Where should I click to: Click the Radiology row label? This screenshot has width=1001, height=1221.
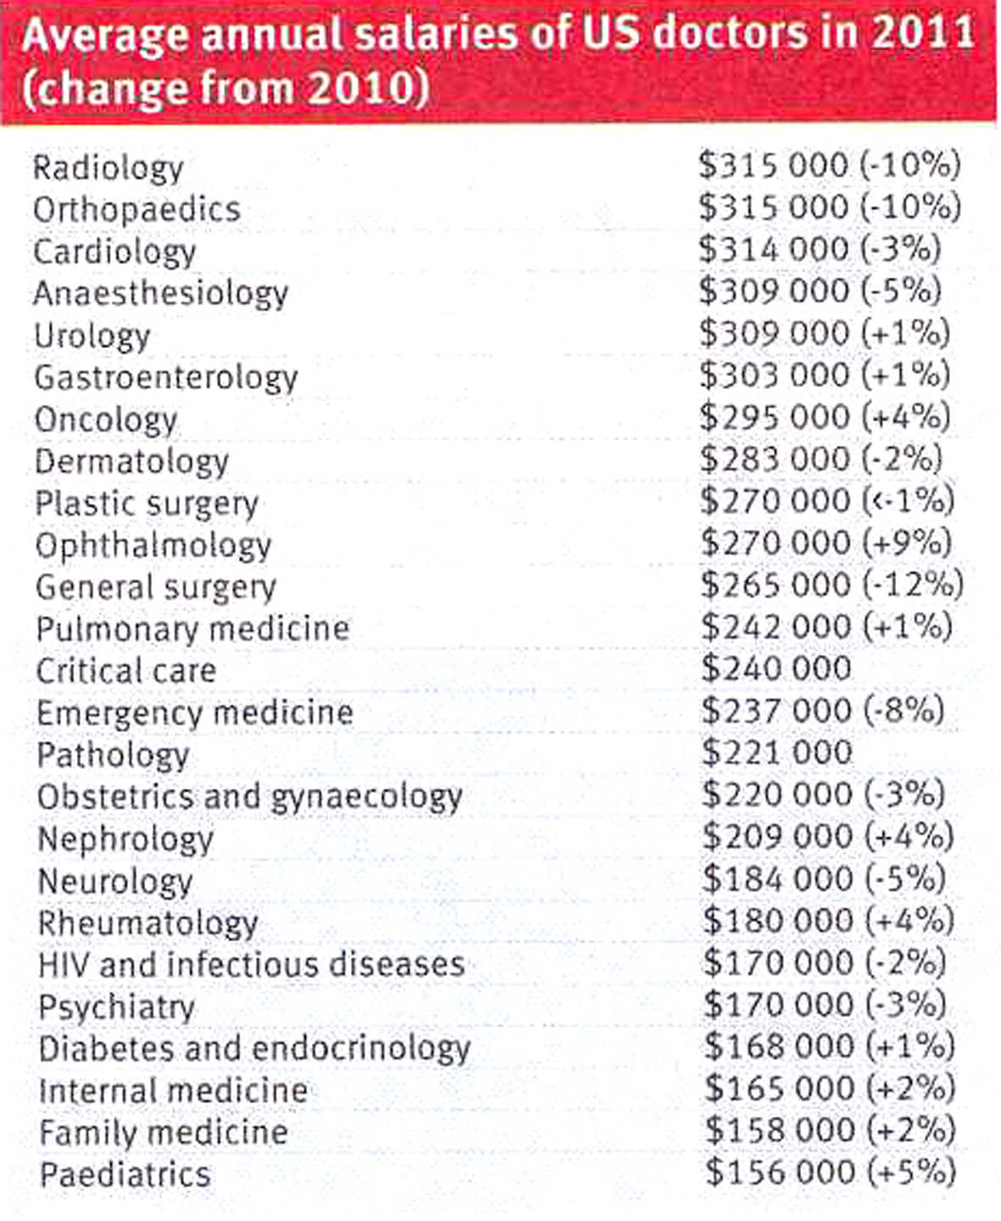(108, 168)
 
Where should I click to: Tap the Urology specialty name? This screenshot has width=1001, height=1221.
(92, 336)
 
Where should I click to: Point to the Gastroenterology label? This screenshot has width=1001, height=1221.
(166, 378)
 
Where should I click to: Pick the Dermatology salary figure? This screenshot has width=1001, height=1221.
(820, 458)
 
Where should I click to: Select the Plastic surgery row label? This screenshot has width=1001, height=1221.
(147, 503)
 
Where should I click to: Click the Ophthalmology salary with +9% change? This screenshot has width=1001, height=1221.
(826, 542)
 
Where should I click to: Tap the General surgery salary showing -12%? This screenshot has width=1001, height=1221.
(831, 585)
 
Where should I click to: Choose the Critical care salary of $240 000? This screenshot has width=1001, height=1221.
(776, 669)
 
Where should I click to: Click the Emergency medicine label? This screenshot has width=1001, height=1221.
(195, 713)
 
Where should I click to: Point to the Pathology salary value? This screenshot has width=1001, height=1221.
(777, 752)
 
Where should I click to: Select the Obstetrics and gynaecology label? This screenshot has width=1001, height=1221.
(250, 796)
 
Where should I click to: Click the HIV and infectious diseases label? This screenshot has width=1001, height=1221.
(252, 964)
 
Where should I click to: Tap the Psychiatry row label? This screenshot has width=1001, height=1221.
(117, 1007)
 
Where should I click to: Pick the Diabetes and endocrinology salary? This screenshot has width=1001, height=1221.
(829, 1046)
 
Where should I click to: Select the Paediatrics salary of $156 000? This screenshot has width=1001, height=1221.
(830, 1172)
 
